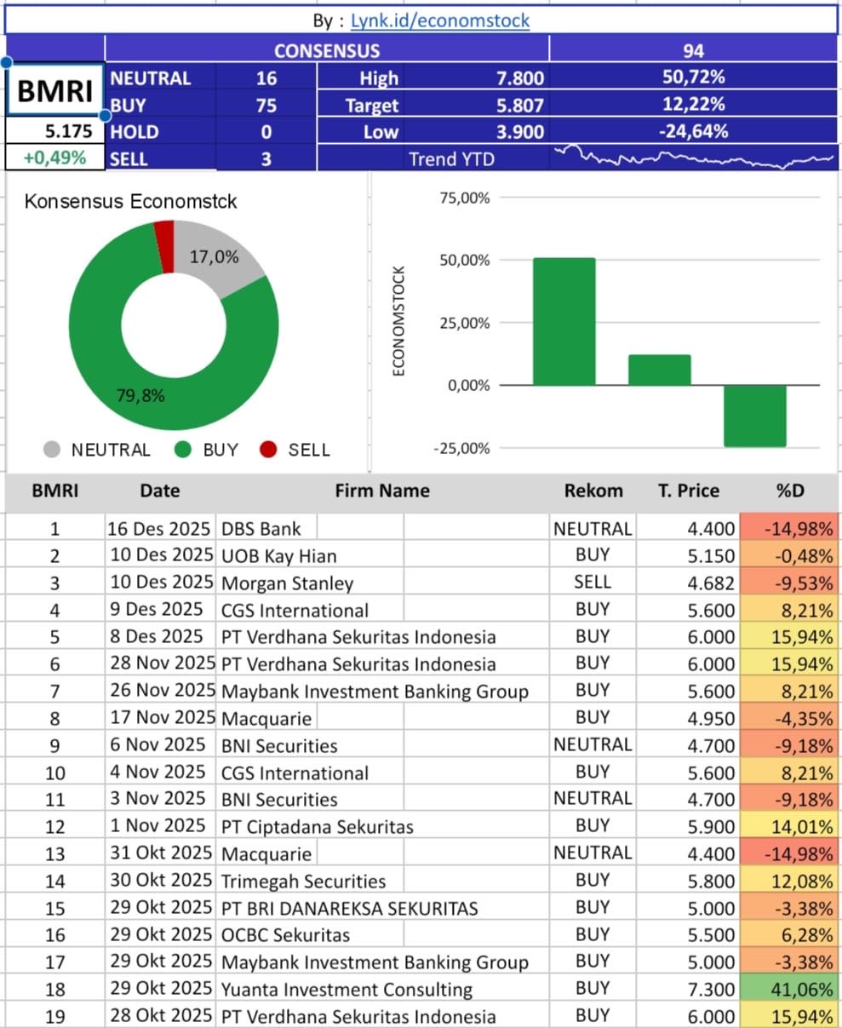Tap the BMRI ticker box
coord(55,90)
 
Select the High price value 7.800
coord(519,78)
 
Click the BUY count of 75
coord(266,106)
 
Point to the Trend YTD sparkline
coord(694,158)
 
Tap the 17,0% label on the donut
coord(214,256)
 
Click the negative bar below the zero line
coord(755,416)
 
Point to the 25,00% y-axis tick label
coord(465,323)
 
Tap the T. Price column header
coord(688,491)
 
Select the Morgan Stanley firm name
coord(287,583)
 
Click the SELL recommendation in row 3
coord(593,582)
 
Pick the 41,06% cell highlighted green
coord(790,989)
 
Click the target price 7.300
coord(711,989)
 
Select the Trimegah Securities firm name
coord(303,882)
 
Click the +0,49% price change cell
coord(55,158)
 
